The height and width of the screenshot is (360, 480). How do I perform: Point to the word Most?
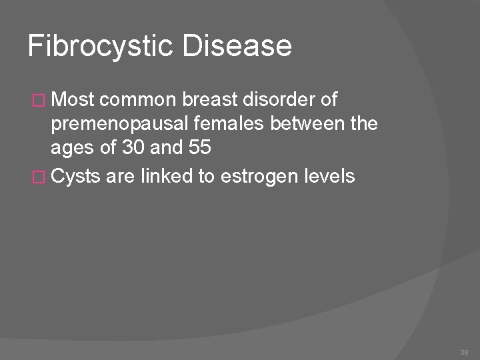tap(73, 100)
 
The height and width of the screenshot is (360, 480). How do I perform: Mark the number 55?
tap(197, 149)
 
